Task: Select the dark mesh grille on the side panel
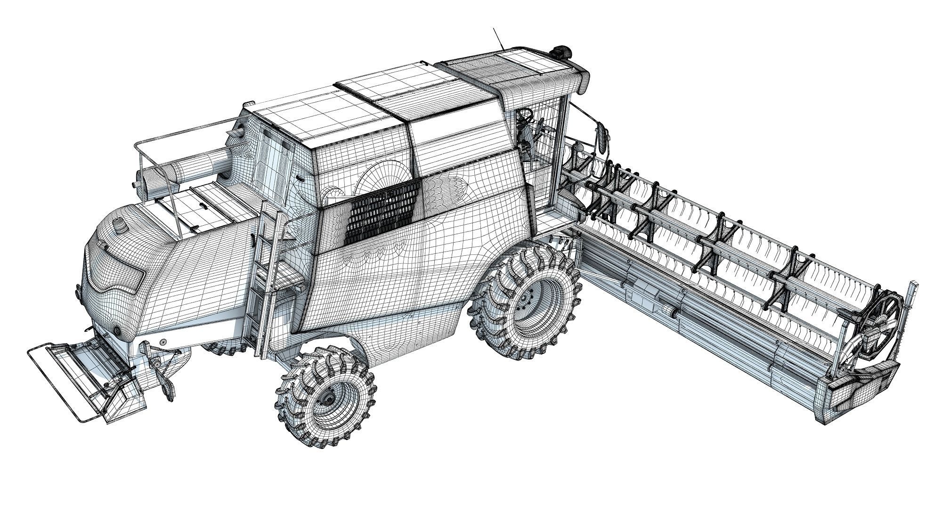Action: (382, 212)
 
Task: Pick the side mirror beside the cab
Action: (602, 137)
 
